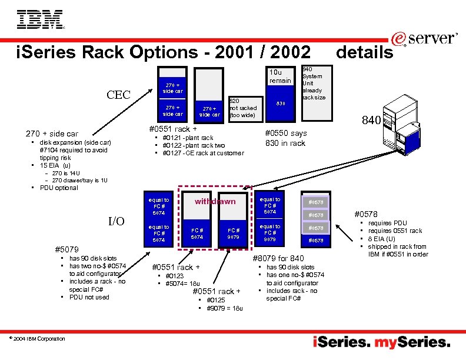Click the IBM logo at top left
pos(41,19)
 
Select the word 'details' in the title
pos(364,52)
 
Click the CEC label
pos(118,95)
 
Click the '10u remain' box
pos(280,76)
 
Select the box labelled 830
pos(281,104)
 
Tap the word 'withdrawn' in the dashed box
pos(215,201)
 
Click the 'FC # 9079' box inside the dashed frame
pos(234,234)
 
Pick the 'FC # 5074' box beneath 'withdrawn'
pos(197,234)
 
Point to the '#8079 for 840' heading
pos(278,258)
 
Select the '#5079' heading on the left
pos(65,249)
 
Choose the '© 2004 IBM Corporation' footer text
pos(38,338)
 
